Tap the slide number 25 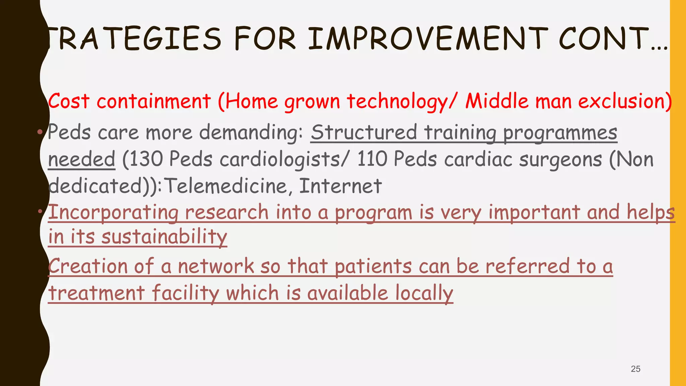(635, 369)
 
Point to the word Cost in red (69, 101)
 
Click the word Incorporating (113, 213)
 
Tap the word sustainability (164, 237)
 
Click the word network (216, 266)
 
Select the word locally (424, 293)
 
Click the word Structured (364, 132)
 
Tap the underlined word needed (81, 159)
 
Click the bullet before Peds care (40, 132)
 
